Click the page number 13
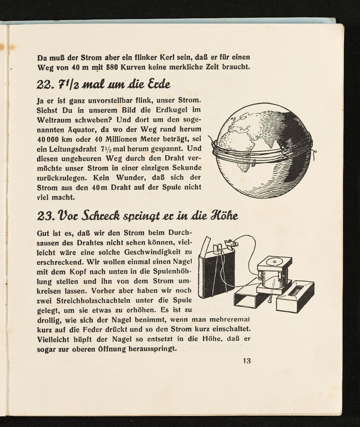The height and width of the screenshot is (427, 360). pyautogui.click(x=246, y=360)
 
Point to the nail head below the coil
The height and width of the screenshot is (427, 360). pyautogui.click(x=271, y=306)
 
